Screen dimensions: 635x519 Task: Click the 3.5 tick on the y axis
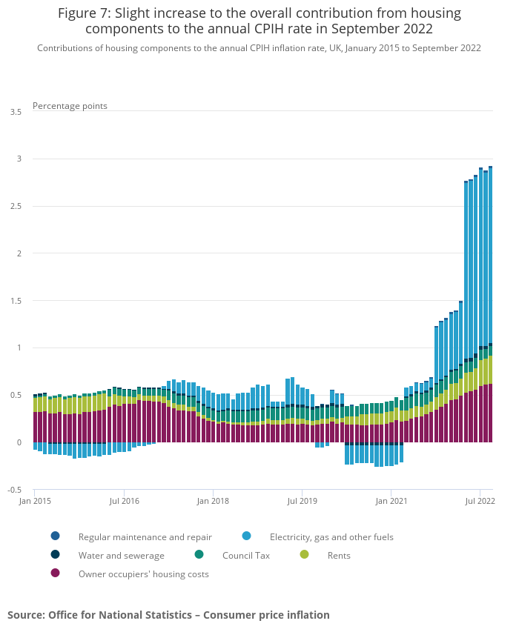click(x=16, y=112)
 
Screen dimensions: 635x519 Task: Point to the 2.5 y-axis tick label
click(x=16, y=206)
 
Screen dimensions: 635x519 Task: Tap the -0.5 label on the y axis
click(x=15, y=490)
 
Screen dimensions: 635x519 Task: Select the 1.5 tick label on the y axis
click(x=16, y=301)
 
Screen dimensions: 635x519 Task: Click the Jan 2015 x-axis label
click(x=34, y=501)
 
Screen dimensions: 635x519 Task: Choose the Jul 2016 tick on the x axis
click(x=124, y=501)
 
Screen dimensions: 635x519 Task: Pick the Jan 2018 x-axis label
click(x=214, y=501)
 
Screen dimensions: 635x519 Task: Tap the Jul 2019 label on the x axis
click(x=303, y=501)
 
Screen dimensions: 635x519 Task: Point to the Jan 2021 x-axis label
click(x=391, y=501)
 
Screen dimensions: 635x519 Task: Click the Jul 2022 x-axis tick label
click(x=480, y=501)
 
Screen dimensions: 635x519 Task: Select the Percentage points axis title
click(x=70, y=106)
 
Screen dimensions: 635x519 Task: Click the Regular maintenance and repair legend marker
click(x=55, y=536)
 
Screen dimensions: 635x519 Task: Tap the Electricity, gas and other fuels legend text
click(x=331, y=536)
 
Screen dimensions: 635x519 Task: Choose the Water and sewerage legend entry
click(x=122, y=555)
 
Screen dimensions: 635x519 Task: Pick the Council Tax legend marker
click(x=199, y=555)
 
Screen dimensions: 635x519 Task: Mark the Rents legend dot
click(x=304, y=555)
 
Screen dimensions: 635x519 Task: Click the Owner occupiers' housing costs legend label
click(x=144, y=574)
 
